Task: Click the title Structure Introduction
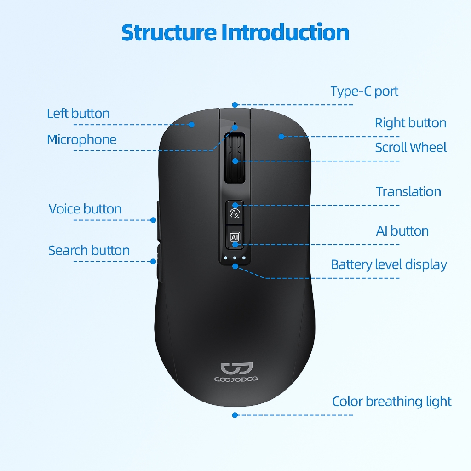click(235, 32)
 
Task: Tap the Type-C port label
click(364, 91)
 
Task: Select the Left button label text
click(78, 114)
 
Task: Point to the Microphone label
click(82, 139)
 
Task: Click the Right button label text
click(410, 123)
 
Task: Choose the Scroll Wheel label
click(411, 147)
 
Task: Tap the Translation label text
click(408, 191)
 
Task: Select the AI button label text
click(402, 230)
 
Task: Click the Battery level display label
click(389, 264)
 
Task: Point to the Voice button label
click(85, 209)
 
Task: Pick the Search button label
click(89, 250)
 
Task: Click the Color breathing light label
click(392, 401)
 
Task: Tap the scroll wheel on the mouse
click(235, 159)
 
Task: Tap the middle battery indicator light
click(235, 258)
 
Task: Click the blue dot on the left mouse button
click(192, 124)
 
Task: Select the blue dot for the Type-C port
click(235, 105)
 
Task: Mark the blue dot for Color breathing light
click(235, 415)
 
